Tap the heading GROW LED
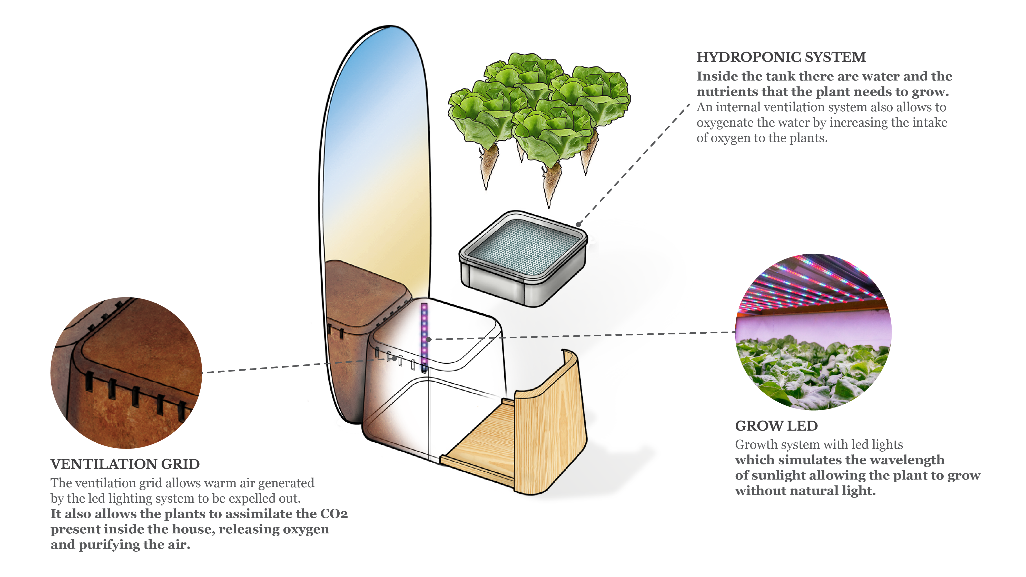(776, 426)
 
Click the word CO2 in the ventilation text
(334, 514)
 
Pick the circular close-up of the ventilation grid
(126, 373)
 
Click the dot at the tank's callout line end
(579, 225)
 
